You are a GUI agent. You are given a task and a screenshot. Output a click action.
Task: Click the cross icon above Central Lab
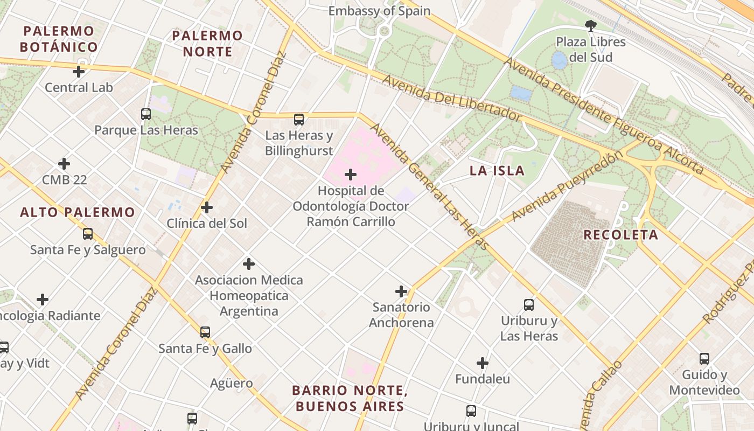(x=79, y=71)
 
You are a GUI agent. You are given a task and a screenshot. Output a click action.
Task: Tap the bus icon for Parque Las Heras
(x=146, y=114)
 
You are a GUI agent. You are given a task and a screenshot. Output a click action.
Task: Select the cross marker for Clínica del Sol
(x=206, y=207)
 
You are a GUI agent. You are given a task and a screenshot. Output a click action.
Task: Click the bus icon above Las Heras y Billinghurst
(x=299, y=119)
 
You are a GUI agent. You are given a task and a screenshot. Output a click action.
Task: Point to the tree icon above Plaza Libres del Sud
(x=591, y=25)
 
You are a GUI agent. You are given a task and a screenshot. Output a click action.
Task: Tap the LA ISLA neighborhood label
(x=497, y=171)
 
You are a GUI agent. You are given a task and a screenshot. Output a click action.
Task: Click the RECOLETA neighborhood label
(x=621, y=235)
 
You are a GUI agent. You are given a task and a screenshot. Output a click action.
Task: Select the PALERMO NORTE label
(x=207, y=44)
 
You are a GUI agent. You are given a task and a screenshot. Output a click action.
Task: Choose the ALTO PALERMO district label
(x=78, y=212)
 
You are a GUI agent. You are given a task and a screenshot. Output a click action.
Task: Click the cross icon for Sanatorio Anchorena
(x=401, y=291)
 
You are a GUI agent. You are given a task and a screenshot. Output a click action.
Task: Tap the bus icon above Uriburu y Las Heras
(x=529, y=305)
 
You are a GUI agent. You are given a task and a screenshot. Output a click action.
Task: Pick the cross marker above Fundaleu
(x=483, y=363)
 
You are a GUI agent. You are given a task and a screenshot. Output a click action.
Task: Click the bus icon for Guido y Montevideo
(x=704, y=359)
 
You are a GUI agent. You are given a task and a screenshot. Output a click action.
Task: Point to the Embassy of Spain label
(x=379, y=11)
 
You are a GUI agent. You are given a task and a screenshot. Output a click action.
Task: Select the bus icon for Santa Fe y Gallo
(x=205, y=332)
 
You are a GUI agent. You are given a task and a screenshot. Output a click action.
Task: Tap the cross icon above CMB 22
(x=64, y=164)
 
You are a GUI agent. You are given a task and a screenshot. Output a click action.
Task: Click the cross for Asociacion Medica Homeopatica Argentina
(x=249, y=264)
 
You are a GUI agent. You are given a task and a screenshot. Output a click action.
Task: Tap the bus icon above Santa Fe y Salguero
(x=88, y=234)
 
